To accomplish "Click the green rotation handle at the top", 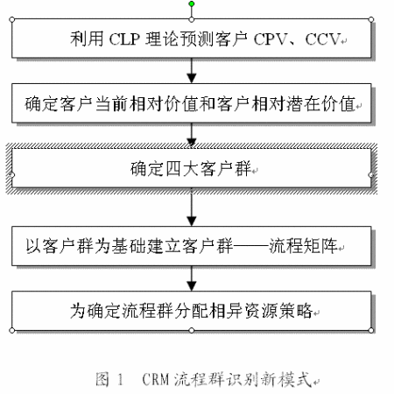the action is point(192,4).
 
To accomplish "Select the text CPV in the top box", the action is point(271,39).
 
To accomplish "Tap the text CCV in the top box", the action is point(323,39).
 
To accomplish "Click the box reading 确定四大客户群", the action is point(192,168).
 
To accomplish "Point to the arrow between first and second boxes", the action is point(192,71).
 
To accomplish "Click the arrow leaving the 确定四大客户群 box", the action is point(192,208).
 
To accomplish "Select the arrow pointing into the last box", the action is point(192,278).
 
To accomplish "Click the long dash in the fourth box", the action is point(250,246).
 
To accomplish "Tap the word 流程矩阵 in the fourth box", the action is point(303,246).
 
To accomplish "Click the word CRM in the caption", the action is point(156,379).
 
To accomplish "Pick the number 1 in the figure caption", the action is point(120,379).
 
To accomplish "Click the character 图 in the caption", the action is point(102,379).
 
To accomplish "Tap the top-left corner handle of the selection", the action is point(12,19).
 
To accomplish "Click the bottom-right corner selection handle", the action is point(371,330).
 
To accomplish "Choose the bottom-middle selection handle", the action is point(192,330).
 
